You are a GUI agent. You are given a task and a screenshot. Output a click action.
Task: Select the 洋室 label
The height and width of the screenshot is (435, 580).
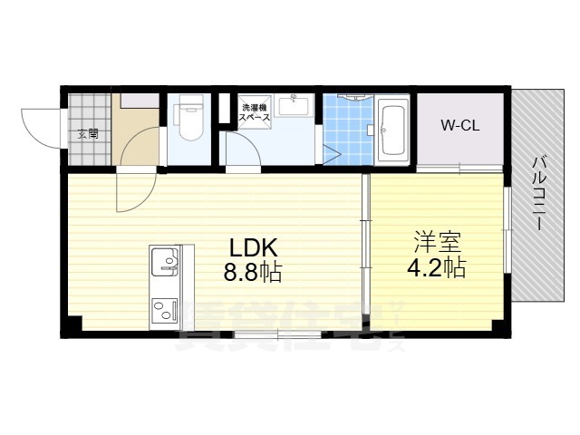pyautogui.click(x=438, y=242)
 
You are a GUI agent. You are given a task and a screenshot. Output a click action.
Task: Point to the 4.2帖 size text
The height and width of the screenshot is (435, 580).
pyautogui.click(x=437, y=268)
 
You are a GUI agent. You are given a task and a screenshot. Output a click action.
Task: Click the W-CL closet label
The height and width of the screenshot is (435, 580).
pyautogui.click(x=459, y=126)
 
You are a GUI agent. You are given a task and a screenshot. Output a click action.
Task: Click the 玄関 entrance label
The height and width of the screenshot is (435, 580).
pyautogui.click(x=87, y=134)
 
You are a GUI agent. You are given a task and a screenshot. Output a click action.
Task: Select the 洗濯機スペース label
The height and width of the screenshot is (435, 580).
pyautogui.click(x=255, y=114)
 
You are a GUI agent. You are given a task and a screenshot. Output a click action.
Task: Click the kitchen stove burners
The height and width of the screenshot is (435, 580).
pyautogui.click(x=165, y=312)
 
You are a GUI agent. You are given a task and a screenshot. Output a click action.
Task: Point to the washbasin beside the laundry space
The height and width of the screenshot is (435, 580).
pyautogui.click(x=293, y=108)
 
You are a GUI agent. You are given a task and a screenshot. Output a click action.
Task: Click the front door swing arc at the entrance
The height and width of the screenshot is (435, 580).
pyautogui.click(x=41, y=127)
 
